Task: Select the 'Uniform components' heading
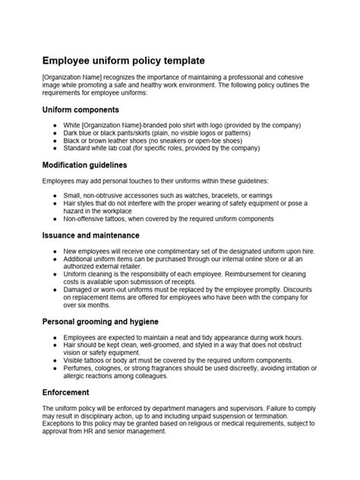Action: [x=83, y=110]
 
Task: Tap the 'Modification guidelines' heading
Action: [x=85, y=164]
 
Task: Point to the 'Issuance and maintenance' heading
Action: [x=90, y=235]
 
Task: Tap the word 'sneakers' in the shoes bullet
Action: [x=169, y=141]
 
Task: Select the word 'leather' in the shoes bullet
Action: [x=126, y=141]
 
